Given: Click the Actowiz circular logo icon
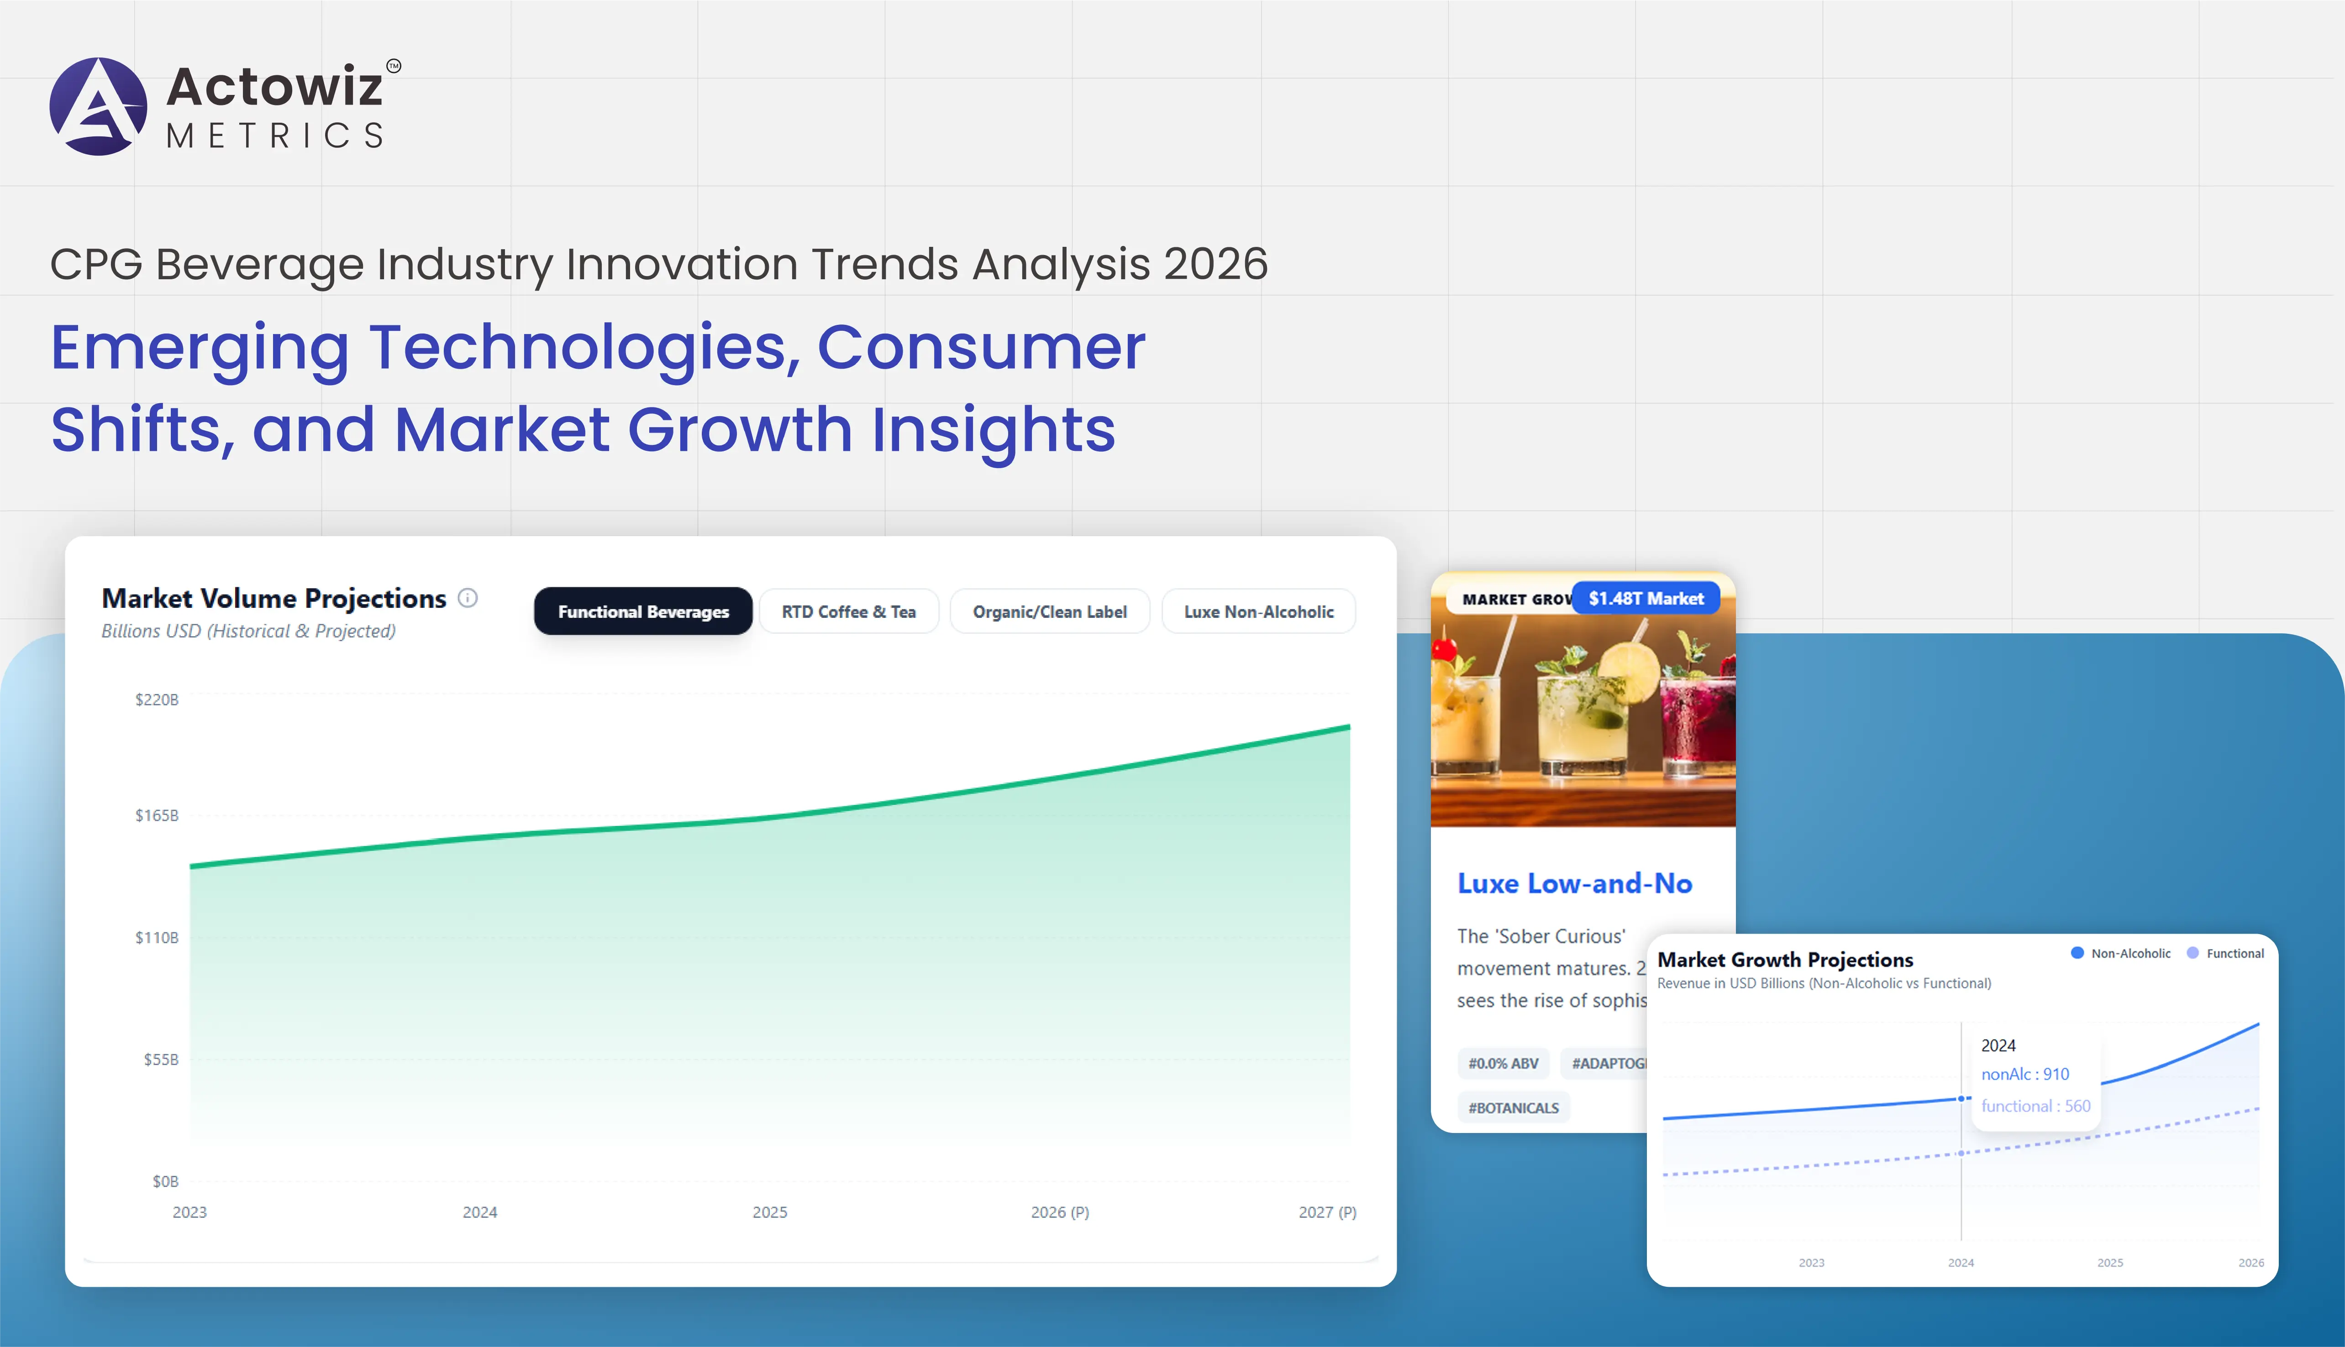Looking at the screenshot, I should (98, 106).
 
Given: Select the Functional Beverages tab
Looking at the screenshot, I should (643, 611).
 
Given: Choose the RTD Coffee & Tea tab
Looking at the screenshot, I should (849, 611).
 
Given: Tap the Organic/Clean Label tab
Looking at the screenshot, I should (1049, 611).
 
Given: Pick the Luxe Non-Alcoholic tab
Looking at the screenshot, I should (1258, 611).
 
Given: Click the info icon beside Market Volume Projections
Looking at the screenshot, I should (468, 598).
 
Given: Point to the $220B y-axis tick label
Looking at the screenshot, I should (157, 700).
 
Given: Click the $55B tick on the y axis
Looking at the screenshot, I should (161, 1059).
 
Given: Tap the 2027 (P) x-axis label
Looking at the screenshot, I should (1327, 1212).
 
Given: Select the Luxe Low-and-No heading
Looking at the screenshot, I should (1574, 883).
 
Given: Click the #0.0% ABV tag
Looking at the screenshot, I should (1503, 1063).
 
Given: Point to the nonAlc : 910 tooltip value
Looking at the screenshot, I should (2025, 1074).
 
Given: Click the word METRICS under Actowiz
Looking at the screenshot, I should (275, 136).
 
